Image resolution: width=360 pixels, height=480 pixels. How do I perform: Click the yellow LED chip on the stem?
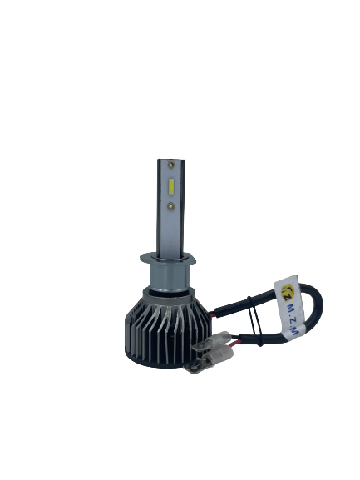[170, 187]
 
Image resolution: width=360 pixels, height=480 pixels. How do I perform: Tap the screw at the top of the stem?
[170, 165]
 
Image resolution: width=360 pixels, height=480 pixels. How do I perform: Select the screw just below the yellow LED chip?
[170, 206]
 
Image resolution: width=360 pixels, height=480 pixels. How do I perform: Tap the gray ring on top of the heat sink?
[169, 296]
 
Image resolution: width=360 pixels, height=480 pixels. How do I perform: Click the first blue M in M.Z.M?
[288, 307]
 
